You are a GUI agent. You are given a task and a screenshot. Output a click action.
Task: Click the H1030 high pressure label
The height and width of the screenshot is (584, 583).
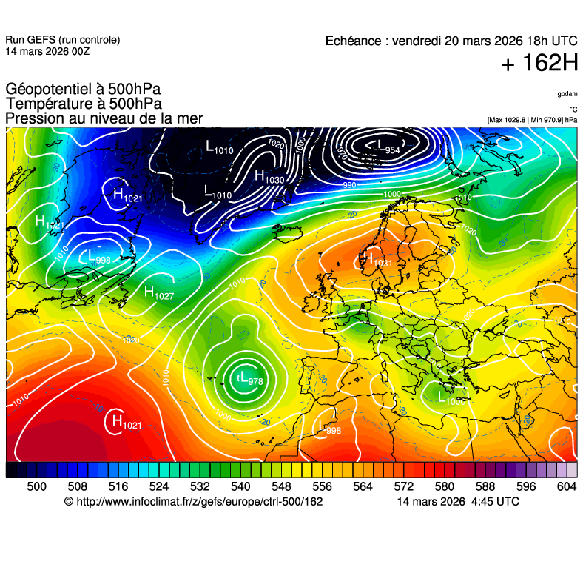tap(269, 176)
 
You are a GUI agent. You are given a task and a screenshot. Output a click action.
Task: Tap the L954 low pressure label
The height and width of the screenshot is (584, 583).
tap(387, 147)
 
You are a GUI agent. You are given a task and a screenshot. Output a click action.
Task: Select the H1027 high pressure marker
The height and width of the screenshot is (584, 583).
tap(158, 293)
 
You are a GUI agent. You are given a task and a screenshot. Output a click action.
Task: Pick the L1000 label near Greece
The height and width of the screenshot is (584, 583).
tap(451, 398)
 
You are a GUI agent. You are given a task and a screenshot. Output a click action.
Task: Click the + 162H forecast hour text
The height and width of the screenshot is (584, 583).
tap(539, 64)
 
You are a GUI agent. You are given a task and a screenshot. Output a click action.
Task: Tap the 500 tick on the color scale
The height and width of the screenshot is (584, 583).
tap(37, 486)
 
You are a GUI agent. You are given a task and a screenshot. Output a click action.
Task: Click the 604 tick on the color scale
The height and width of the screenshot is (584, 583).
tap(567, 486)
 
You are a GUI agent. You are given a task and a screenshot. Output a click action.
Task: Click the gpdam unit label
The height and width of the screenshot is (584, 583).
tap(567, 94)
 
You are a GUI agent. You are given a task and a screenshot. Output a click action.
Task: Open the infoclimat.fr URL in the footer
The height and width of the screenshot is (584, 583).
tap(200, 502)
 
